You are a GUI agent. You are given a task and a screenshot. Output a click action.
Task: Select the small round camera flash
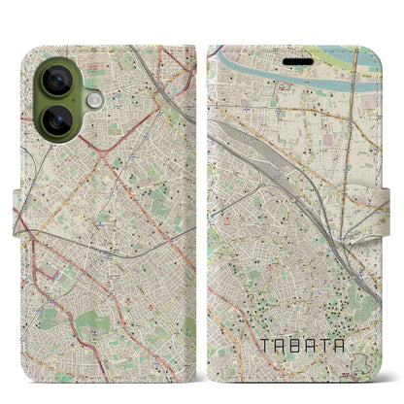94,100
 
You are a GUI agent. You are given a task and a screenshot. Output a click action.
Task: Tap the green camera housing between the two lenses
58,101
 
